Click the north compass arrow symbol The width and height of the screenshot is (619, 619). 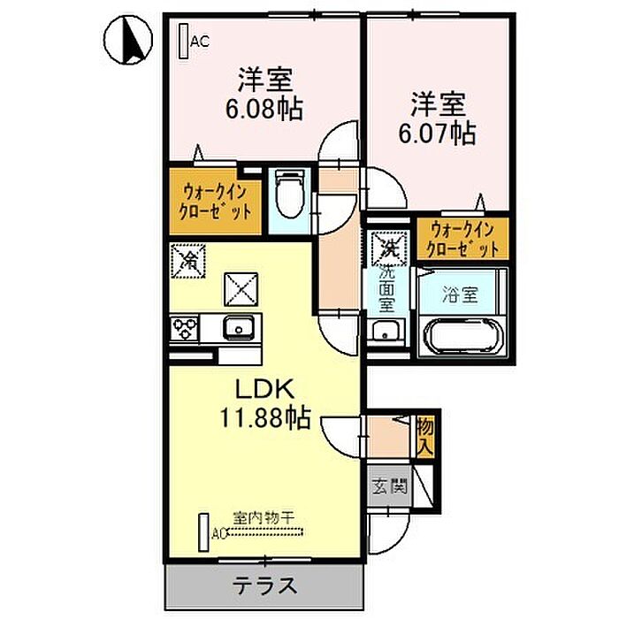(x=126, y=41)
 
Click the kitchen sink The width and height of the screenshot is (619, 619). (x=240, y=329)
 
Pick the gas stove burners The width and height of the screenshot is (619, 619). (x=187, y=329)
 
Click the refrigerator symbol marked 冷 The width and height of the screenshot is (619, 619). (x=188, y=261)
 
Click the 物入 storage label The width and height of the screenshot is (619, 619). (x=424, y=435)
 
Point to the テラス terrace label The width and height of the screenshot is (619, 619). (x=264, y=585)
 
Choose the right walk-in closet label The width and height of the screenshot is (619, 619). (x=463, y=239)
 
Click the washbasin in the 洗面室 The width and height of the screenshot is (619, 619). (x=386, y=332)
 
